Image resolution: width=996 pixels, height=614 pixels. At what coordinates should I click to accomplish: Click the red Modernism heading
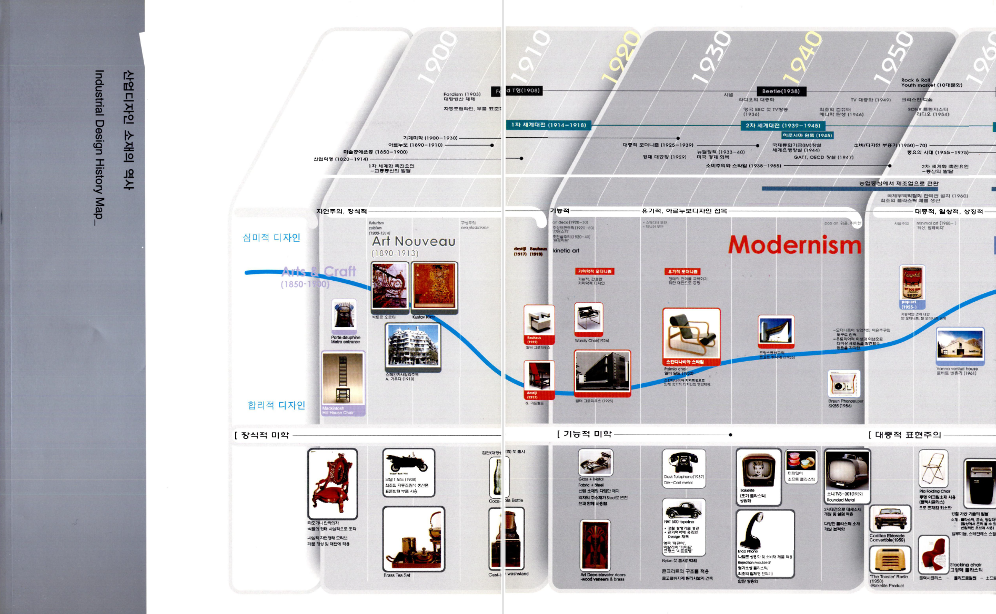pos(794,245)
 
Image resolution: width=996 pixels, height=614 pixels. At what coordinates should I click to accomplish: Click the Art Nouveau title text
pos(414,241)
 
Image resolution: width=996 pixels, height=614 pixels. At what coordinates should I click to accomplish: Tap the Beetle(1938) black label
pos(781,91)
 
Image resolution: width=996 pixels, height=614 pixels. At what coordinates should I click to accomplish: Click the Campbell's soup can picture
pos(912,282)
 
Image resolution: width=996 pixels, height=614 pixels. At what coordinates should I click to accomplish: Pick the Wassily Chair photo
pos(589,318)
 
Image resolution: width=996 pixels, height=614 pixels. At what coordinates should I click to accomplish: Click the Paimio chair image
pos(691,334)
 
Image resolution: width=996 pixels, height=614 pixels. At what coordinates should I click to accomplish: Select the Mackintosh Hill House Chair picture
pos(343,379)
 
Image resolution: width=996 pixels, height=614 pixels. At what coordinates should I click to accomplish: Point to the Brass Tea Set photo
pos(414,539)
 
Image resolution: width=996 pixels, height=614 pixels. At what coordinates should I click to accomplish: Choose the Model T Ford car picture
pos(408,464)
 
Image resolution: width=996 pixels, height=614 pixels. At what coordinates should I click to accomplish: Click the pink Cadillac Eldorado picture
pos(890,519)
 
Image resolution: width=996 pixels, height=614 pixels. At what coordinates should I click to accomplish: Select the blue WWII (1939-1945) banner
pos(782,126)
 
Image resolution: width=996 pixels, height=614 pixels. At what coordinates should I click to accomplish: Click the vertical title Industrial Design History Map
pos(99,147)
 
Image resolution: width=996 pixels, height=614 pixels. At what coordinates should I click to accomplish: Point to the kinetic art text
pos(566,251)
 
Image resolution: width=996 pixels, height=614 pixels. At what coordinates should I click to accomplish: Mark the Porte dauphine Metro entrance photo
pos(344,315)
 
